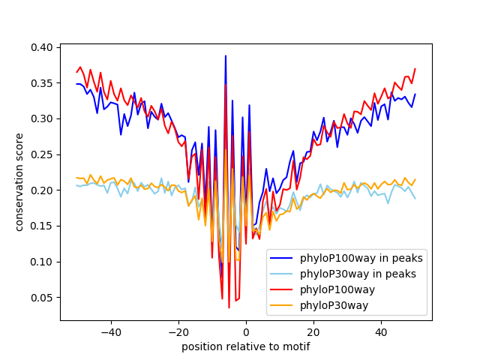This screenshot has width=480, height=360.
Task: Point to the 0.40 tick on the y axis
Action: (x=42, y=47)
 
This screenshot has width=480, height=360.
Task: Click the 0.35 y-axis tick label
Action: (x=42, y=83)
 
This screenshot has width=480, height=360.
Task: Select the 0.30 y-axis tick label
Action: (x=42, y=118)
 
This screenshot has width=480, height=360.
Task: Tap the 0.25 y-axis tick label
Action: (x=42, y=154)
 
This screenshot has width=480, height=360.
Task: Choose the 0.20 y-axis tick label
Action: (x=42, y=190)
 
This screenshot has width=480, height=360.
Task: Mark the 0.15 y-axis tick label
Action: (x=42, y=226)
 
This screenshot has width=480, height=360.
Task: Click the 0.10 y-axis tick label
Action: (x=42, y=262)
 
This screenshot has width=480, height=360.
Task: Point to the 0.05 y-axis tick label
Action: (x=42, y=298)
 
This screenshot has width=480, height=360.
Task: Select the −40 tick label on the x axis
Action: (x=110, y=332)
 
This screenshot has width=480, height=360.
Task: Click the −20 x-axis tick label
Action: (x=178, y=332)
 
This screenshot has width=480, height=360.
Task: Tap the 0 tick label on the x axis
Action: (x=246, y=332)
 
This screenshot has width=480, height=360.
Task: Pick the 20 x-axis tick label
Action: (x=313, y=332)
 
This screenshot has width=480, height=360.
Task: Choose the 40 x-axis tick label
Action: (x=381, y=332)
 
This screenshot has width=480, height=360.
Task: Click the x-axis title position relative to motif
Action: (x=245, y=347)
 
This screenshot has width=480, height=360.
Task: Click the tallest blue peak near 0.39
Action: (x=226, y=56)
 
